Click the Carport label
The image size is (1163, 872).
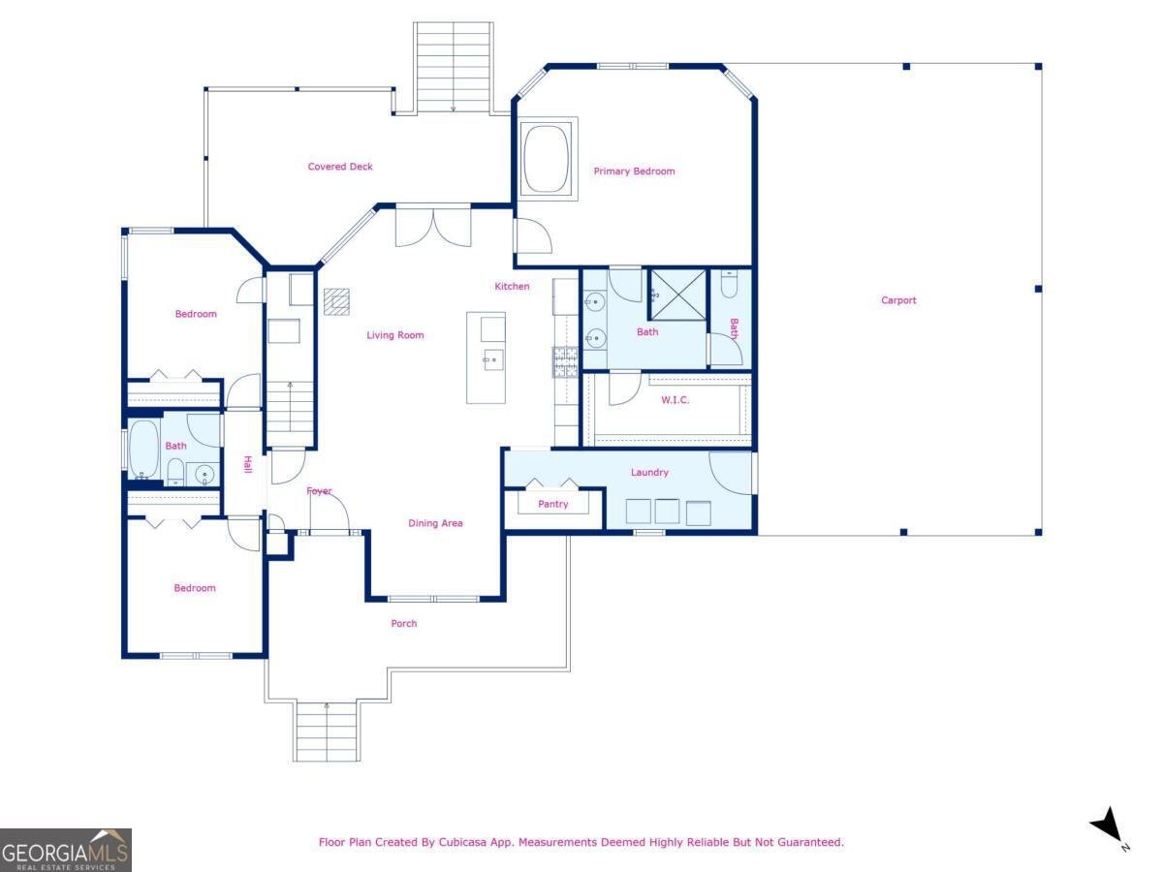(897, 300)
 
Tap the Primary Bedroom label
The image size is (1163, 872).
(634, 171)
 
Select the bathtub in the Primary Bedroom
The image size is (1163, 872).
(548, 159)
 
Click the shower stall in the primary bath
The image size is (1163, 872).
(677, 295)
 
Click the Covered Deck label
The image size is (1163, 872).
(340, 167)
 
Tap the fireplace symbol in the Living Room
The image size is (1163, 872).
(336, 302)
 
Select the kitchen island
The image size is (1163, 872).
(486, 358)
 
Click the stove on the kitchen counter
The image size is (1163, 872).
(565, 362)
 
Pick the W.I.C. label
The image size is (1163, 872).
(675, 400)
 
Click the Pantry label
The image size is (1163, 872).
(552, 504)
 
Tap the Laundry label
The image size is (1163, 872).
(649, 473)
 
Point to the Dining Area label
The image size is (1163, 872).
(435, 523)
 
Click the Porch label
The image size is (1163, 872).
(404, 623)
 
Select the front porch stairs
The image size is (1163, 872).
(327, 731)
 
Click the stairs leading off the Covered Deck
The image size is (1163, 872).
(453, 66)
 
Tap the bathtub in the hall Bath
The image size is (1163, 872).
(144, 448)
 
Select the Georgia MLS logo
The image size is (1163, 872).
(65, 850)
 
